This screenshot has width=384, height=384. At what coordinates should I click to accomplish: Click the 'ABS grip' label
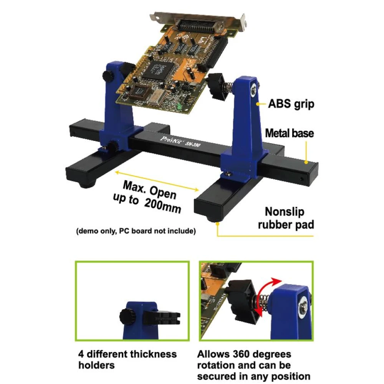pos(291,104)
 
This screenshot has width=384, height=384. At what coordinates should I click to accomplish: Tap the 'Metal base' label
pos(290,133)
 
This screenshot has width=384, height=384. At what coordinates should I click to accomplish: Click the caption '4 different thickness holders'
pos(127,359)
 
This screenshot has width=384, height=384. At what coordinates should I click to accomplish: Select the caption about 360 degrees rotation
pos(253,365)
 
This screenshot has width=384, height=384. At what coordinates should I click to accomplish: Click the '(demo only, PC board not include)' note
pos(136,231)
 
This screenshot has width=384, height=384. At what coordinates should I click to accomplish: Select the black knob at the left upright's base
pos(112,146)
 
